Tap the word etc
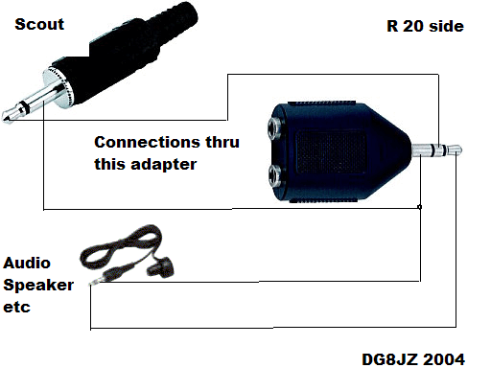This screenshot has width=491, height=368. (16, 307)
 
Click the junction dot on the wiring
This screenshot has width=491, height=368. (421, 207)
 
